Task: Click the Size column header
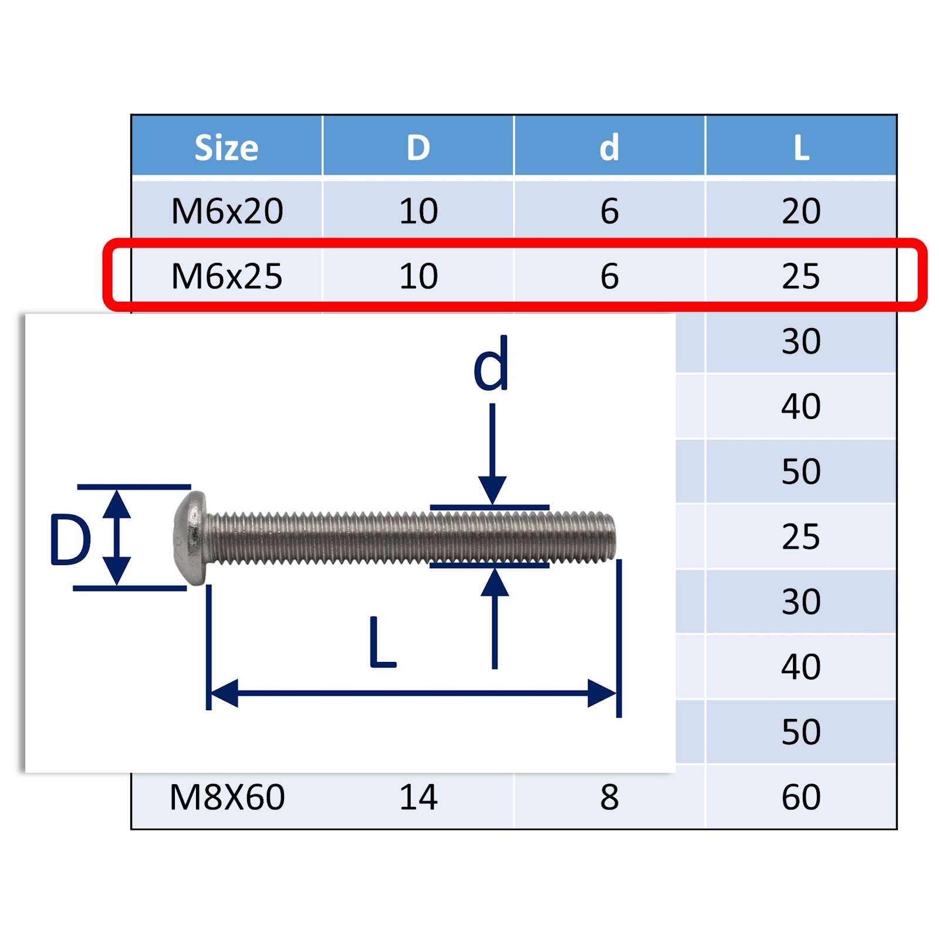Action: pos(226,147)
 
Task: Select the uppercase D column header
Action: pos(418,147)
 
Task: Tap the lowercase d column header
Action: pos(609,147)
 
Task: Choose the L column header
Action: pos(801,147)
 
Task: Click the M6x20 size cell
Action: pos(227,211)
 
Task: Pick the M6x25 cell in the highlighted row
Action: pos(227,276)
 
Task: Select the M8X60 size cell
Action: pos(227,797)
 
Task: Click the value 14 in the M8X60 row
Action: pos(418,797)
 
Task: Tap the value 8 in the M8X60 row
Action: pos(609,797)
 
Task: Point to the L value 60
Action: pos(801,797)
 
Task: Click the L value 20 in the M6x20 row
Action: pos(801,211)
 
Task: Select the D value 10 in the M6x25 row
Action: pos(418,276)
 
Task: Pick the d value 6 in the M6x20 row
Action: pos(609,211)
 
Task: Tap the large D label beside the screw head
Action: pos(70,540)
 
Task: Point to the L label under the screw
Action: pos(383,644)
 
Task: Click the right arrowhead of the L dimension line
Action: pos(602,693)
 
